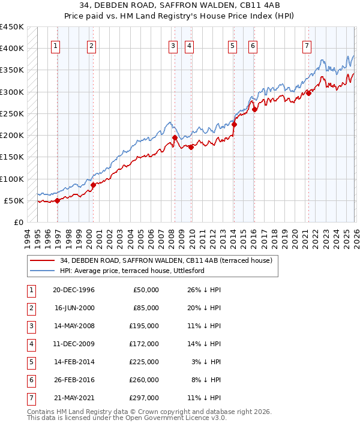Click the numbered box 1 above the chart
point(55,46)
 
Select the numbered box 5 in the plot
point(232,46)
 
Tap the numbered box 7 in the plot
point(307,46)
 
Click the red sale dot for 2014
point(234,124)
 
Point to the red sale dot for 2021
point(308,92)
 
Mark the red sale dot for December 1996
point(58,200)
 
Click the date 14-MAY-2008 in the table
point(73,326)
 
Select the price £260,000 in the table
point(144,380)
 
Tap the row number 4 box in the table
point(30,344)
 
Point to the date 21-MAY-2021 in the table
point(73,398)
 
